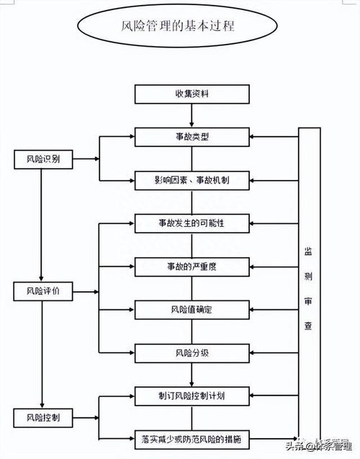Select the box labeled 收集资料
tap(191, 94)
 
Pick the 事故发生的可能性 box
tap(191, 223)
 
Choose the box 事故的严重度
tap(191, 266)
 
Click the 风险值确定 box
tap(191, 309)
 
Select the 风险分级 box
tap(191, 352)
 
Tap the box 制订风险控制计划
tap(191, 395)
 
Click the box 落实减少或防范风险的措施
tap(191, 437)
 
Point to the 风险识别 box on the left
tap(42, 159)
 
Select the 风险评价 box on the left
tap(42, 291)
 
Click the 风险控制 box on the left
tap(42, 417)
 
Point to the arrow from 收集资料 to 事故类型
tap(191, 115)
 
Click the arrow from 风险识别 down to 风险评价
tap(42, 223)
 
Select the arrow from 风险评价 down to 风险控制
tap(42, 353)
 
